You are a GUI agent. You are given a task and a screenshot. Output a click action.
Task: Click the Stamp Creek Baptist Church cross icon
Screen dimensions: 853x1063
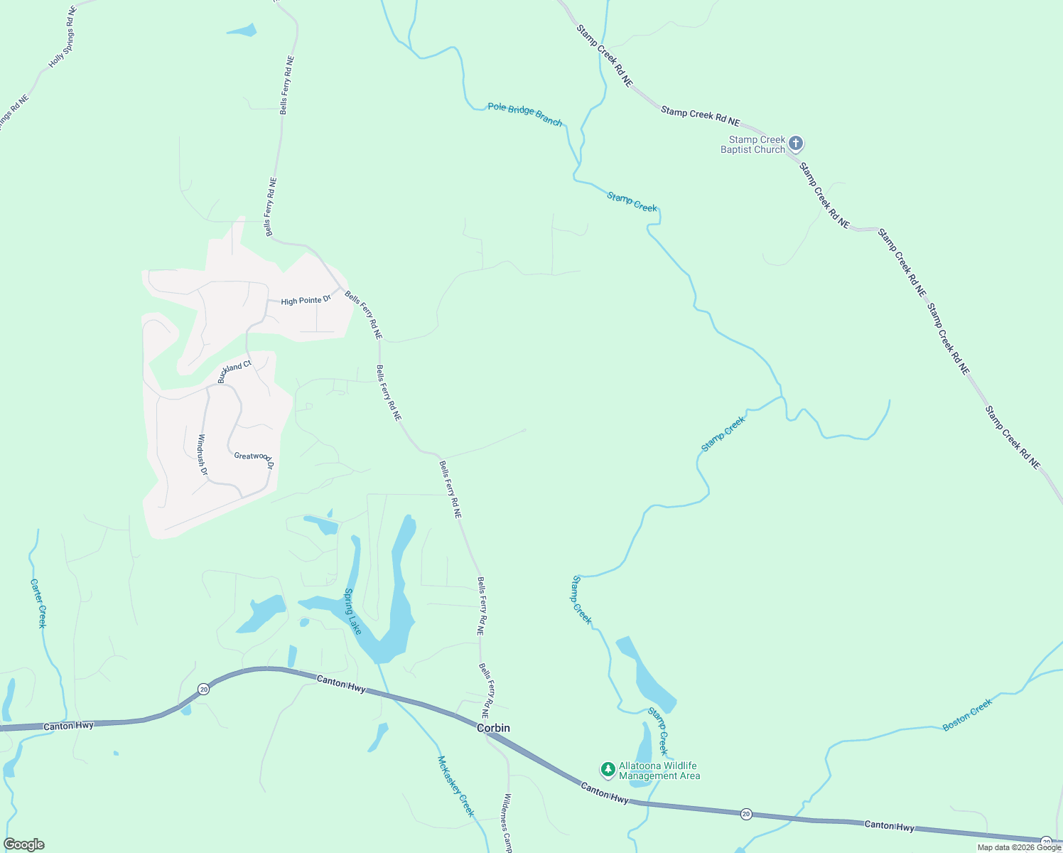click(796, 144)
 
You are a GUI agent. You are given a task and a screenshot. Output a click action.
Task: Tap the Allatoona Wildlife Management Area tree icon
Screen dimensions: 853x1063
click(608, 769)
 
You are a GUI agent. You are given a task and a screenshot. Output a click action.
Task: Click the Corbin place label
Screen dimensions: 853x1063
click(493, 729)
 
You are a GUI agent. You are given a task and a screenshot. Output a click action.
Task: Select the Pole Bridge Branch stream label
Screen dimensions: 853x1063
click(525, 114)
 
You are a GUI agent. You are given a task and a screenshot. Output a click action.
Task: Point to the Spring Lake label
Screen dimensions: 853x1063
click(353, 611)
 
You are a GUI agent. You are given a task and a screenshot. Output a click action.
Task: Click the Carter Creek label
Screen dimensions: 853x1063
click(38, 603)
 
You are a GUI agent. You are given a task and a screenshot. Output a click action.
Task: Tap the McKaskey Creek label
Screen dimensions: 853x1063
click(455, 786)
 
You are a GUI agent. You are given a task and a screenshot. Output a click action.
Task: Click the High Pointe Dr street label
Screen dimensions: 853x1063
click(306, 301)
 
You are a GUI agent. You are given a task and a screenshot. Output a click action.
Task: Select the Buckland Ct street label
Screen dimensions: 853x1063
click(234, 372)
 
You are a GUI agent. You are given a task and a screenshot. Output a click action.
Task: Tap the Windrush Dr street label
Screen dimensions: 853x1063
click(203, 454)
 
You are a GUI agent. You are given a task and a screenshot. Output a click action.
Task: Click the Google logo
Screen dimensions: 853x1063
click(24, 844)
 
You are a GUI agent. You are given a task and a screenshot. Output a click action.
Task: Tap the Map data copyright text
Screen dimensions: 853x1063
click(1019, 847)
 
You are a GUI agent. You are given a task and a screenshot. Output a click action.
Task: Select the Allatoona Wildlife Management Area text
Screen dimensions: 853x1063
click(659, 771)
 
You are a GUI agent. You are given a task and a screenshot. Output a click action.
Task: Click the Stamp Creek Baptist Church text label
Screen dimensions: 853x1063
click(753, 144)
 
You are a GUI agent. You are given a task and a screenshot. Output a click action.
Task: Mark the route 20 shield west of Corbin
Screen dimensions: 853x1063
click(204, 689)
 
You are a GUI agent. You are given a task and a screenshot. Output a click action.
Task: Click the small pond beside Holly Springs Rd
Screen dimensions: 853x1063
click(242, 31)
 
